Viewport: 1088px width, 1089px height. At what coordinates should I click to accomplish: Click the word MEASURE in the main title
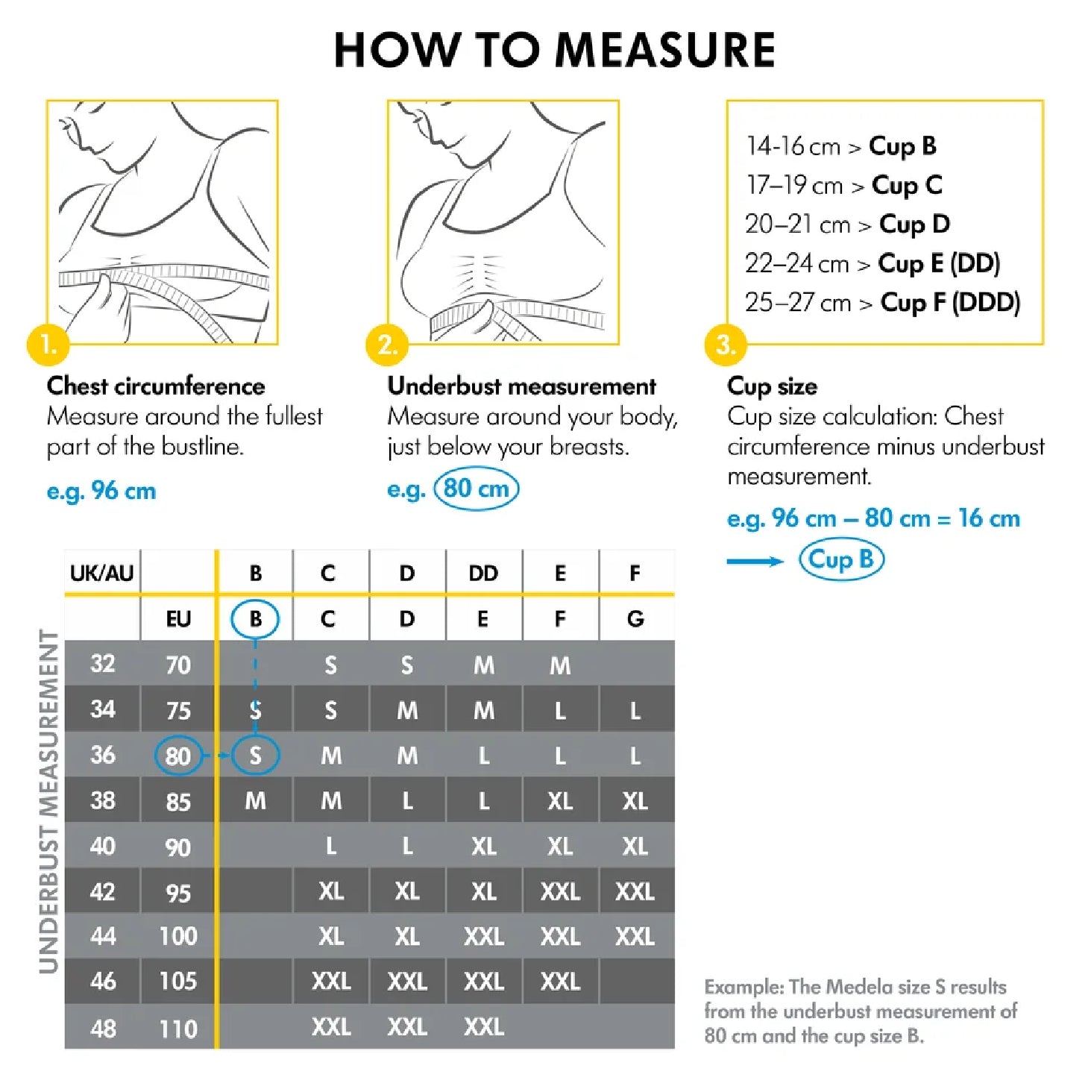pyautogui.click(x=665, y=51)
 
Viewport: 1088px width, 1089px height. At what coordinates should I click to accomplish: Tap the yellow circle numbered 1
pyautogui.click(x=48, y=345)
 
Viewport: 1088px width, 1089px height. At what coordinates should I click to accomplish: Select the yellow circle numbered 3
pyautogui.click(x=726, y=345)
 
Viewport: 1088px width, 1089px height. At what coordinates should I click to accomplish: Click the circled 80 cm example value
pyautogui.click(x=476, y=489)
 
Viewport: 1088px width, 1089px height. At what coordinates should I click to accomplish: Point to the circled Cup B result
pyautogui.click(x=841, y=559)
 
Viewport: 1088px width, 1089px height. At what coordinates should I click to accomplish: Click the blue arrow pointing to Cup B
pyautogui.click(x=755, y=561)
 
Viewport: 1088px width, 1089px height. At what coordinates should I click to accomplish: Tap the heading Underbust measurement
pyautogui.click(x=521, y=386)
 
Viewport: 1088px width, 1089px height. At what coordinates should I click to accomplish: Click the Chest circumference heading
pyautogui.click(x=156, y=386)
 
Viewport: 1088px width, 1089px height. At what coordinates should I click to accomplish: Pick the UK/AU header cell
pyautogui.click(x=102, y=573)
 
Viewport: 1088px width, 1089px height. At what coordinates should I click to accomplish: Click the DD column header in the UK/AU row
pyautogui.click(x=483, y=573)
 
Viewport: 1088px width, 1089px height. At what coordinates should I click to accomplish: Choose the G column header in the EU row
pyautogui.click(x=635, y=618)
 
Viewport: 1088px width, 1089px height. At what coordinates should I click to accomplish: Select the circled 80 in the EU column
pyautogui.click(x=178, y=756)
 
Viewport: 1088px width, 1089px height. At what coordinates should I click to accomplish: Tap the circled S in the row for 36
pyautogui.click(x=255, y=756)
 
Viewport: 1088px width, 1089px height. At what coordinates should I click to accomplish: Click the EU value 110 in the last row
pyautogui.click(x=178, y=1029)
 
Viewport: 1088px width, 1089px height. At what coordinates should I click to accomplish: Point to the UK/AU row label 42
pyautogui.click(x=102, y=891)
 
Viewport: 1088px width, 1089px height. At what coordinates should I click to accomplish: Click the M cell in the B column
pyautogui.click(x=255, y=801)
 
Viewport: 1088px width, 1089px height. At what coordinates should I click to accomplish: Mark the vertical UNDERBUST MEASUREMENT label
pyautogui.click(x=49, y=801)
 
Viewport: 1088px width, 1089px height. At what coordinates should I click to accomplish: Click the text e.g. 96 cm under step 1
pyautogui.click(x=101, y=491)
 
